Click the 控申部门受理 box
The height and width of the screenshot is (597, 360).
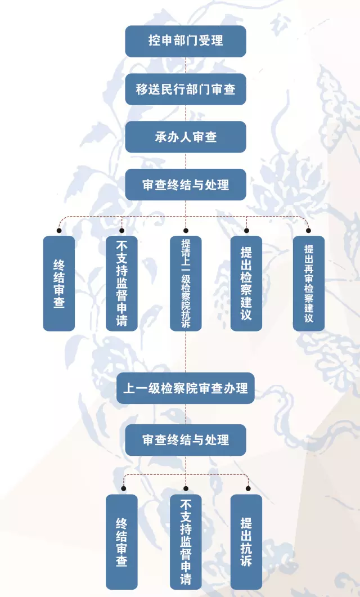click(185, 41)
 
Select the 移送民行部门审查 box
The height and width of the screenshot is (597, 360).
click(185, 89)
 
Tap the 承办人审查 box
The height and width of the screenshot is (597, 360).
click(185, 137)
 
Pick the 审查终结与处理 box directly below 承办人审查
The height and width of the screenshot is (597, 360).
click(185, 185)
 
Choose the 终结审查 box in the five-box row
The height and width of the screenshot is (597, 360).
click(59, 283)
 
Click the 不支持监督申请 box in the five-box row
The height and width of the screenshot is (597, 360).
click(121, 283)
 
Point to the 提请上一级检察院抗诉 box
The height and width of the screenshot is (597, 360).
click(186, 283)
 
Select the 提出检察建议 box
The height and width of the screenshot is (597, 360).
click(246, 283)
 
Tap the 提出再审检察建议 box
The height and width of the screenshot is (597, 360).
click(309, 283)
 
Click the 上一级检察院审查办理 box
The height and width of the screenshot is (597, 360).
click(185, 388)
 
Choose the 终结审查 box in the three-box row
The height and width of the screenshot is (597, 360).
click(121, 542)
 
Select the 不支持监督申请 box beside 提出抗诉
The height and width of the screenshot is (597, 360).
click(186, 542)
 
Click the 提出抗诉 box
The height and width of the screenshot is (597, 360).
click(246, 542)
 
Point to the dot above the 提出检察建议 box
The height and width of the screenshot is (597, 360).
click(246, 230)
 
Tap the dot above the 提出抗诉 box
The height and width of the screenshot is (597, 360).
click(247, 488)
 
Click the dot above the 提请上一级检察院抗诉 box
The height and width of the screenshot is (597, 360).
click(186, 230)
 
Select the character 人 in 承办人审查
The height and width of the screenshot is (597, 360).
click(186, 137)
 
